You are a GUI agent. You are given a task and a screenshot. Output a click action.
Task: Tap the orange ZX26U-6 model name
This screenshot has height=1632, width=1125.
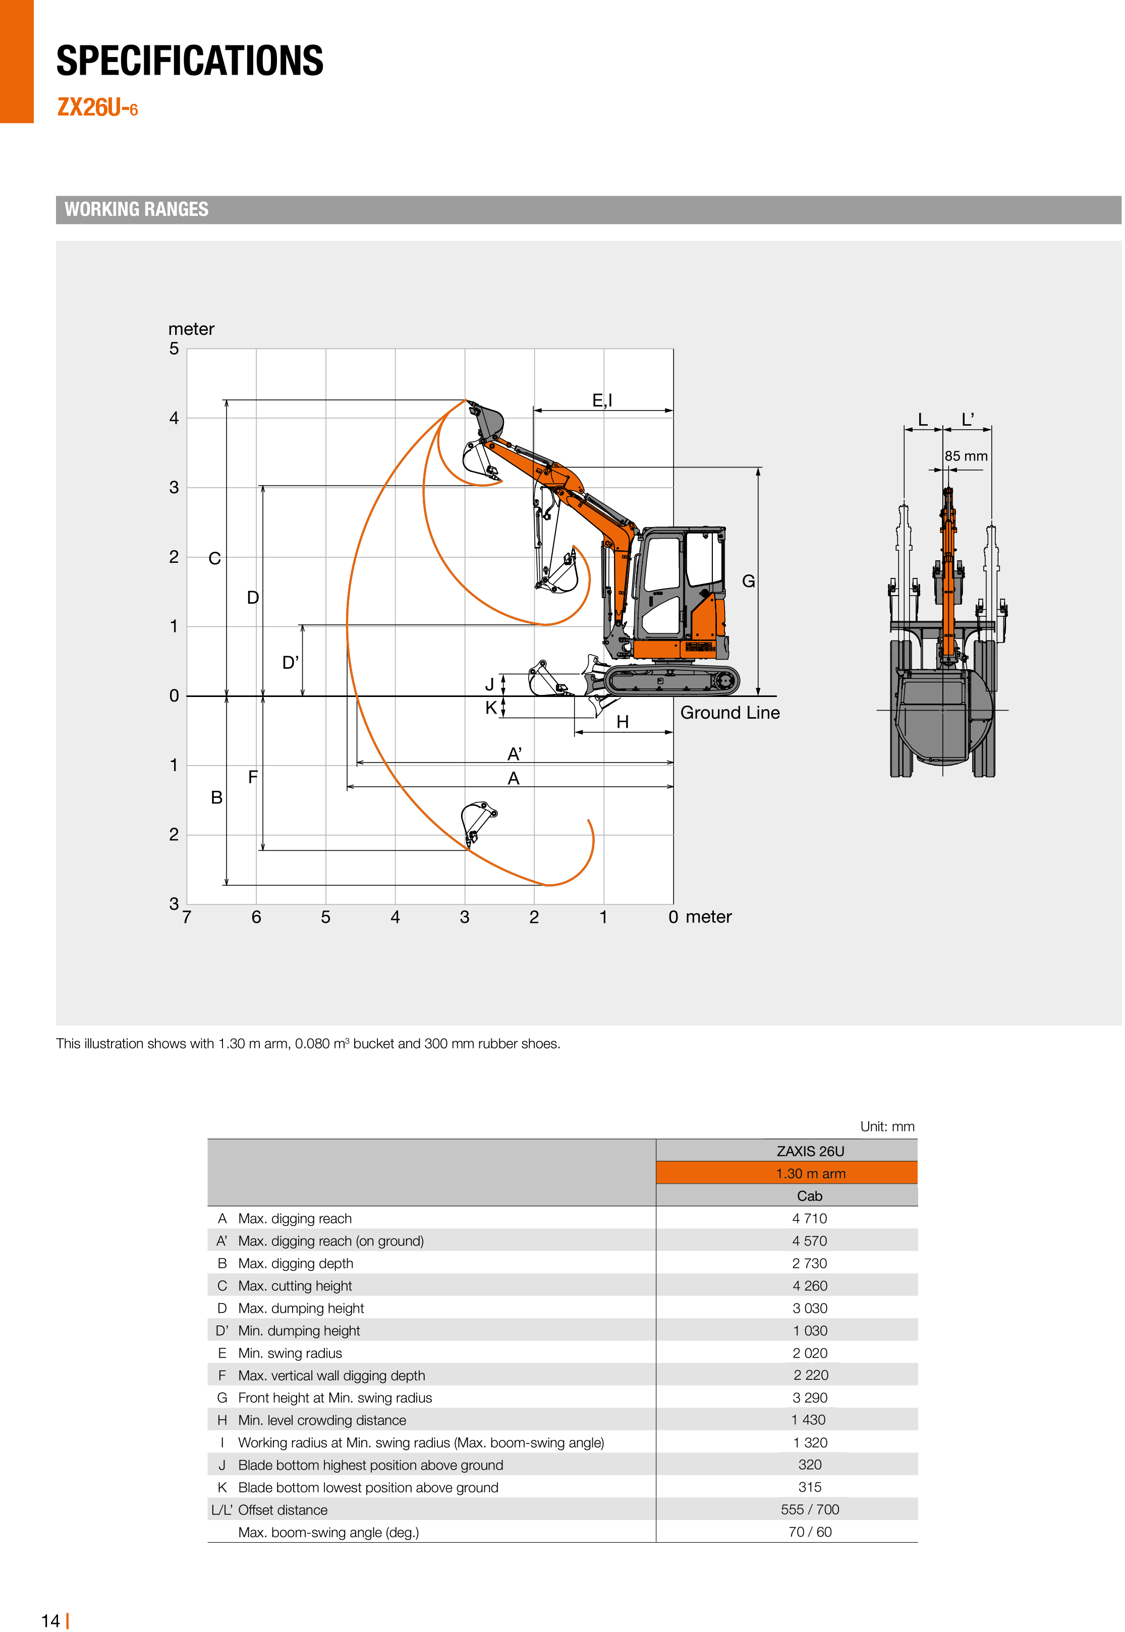(x=97, y=108)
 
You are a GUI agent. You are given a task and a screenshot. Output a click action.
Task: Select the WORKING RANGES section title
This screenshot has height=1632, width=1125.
(x=136, y=209)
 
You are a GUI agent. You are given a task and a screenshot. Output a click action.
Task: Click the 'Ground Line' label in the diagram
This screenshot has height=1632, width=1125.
(x=729, y=713)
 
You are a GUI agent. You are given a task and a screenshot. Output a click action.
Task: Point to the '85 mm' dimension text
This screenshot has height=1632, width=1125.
(x=966, y=456)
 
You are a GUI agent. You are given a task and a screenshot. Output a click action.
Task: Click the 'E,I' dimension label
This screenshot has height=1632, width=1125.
(x=602, y=400)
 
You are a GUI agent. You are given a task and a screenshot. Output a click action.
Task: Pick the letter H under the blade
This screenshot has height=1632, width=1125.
(x=623, y=722)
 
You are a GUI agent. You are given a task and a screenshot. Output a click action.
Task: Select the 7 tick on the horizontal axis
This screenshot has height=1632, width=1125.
(x=187, y=917)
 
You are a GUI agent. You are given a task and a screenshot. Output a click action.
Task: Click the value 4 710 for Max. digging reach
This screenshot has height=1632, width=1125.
(x=809, y=1218)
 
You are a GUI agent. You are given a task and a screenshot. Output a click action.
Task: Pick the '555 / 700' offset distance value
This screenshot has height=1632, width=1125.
(x=809, y=1509)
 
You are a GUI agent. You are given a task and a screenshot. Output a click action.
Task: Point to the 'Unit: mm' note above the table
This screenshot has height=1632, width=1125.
(x=887, y=1126)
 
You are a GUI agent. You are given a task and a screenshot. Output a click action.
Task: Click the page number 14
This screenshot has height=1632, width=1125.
(x=51, y=1621)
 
